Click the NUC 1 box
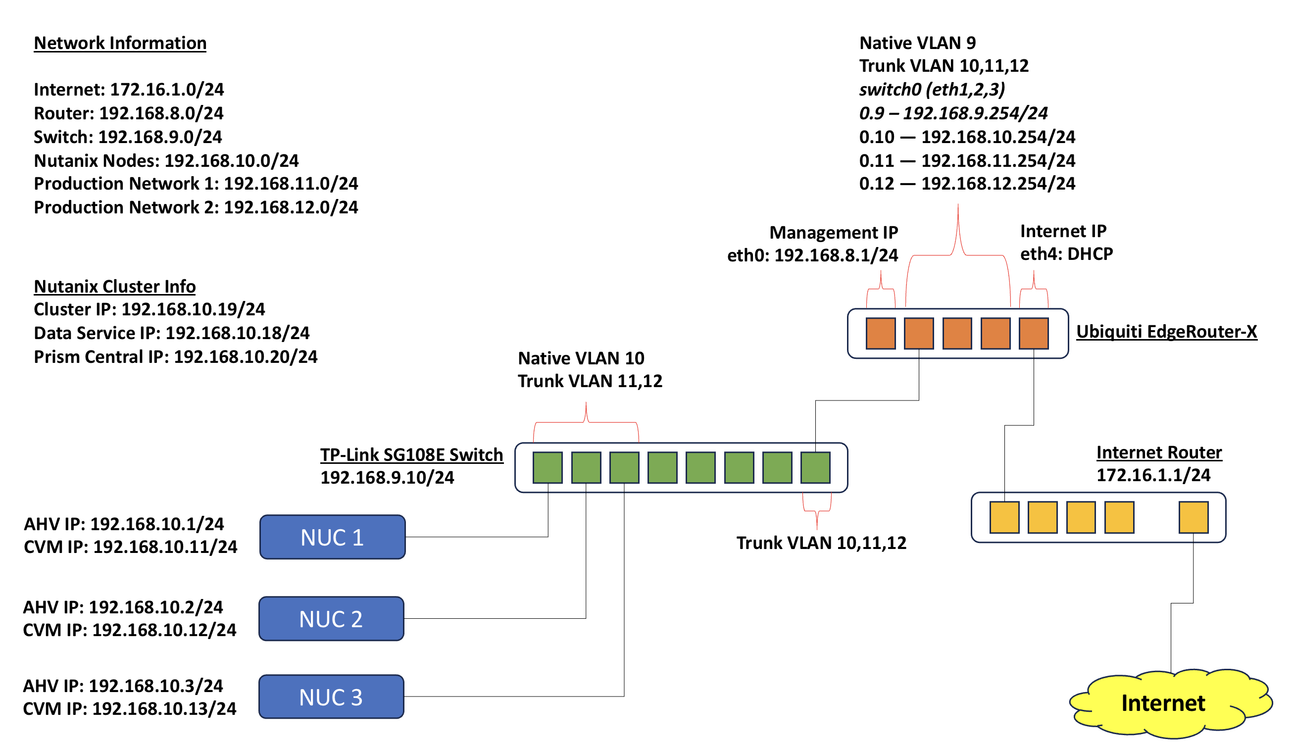click(x=332, y=537)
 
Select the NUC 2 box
click(x=331, y=618)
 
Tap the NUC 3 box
click(x=331, y=696)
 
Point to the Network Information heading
click(x=120, y=43)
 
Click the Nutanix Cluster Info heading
click(x=114, y=286)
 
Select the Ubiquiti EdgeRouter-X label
click(x=1166, y=332)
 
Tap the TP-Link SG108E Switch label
click(x=411, y=454)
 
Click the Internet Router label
click(x=1158, y=452)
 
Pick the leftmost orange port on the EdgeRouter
click(x=880, y=334)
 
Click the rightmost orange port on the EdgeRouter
click(x=1033, y=334)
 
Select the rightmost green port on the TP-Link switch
click(x=815, y=467)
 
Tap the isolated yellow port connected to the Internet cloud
click(x=1193, y=517)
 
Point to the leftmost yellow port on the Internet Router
click(x=1004, y=517)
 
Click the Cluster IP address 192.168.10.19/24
click(x=193, y=309)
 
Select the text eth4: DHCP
click(x=1066, y=254)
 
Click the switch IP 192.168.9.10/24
click(x=387, y=478)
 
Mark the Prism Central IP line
click(x=175, y=356)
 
